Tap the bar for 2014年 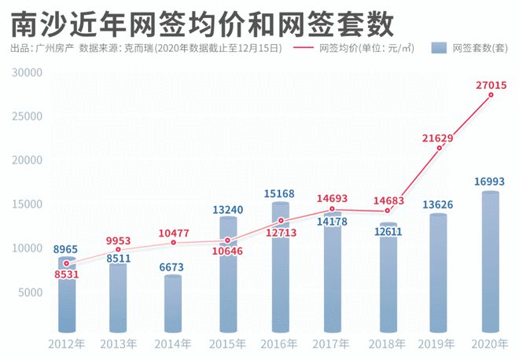click(x=173, y=303)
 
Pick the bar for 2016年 click(x=280, y=267)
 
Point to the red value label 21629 click(x=437, y=138)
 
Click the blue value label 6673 click(x=173, y=267)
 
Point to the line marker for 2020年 click(x=491, y=95)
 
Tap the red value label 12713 click(x=280, y=233)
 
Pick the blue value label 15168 click(x=280, y=194)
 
